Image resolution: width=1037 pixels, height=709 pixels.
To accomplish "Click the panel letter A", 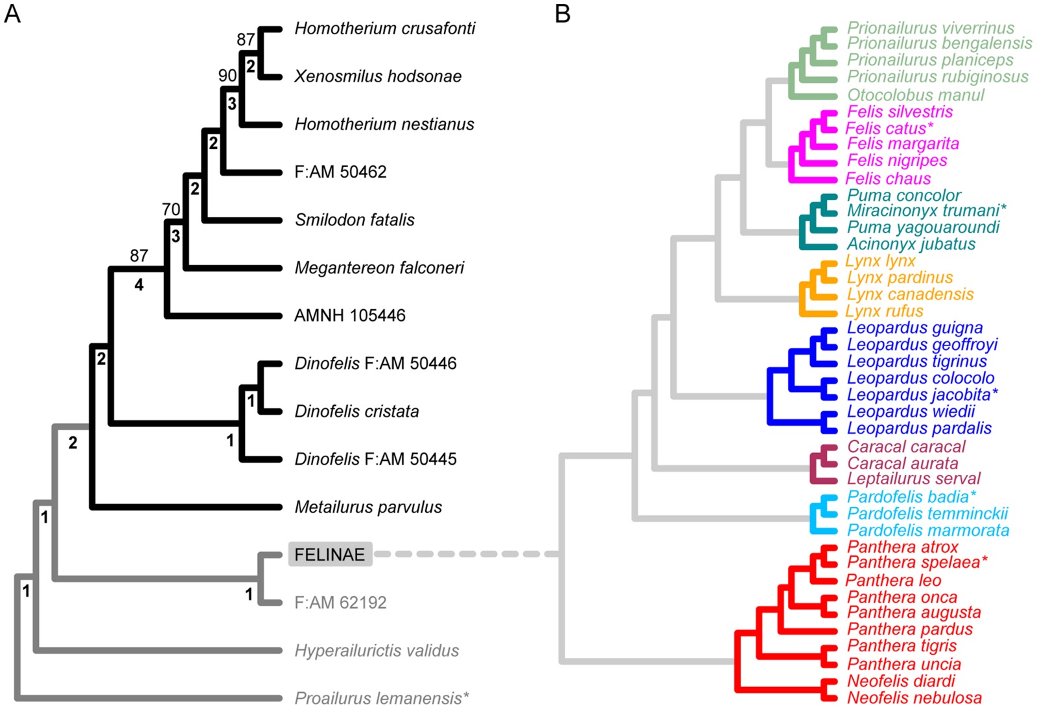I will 12,13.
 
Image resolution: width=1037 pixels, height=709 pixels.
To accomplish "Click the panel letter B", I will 563,13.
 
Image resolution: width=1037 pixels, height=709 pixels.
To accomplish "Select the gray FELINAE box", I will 330,555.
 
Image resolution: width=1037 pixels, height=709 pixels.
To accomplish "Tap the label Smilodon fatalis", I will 355,220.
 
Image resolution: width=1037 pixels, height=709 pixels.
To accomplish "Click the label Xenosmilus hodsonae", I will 378,76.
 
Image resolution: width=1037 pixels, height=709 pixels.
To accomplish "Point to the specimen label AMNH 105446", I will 349,316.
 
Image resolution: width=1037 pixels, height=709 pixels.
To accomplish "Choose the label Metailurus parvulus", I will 368,507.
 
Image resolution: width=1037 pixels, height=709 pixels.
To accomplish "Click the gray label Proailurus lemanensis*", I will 381,699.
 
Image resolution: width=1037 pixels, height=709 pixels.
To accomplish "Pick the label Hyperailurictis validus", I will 377,651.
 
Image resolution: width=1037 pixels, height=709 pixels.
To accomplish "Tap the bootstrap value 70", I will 171,209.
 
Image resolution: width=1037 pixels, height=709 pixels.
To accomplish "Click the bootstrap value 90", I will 227,76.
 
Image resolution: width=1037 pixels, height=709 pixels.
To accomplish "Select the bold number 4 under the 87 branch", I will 139,285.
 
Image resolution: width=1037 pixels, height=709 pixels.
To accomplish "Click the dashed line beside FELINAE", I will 467,554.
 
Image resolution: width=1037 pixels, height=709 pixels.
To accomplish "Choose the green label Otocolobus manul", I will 915,95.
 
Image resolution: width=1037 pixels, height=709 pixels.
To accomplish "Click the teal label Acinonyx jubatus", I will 911,244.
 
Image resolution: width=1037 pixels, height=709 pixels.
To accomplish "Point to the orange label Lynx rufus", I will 884,311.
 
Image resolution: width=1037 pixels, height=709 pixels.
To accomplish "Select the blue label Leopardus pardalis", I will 919,428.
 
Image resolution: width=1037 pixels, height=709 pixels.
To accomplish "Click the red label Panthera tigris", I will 902,646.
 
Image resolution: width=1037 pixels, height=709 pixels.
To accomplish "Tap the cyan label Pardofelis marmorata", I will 928,531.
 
